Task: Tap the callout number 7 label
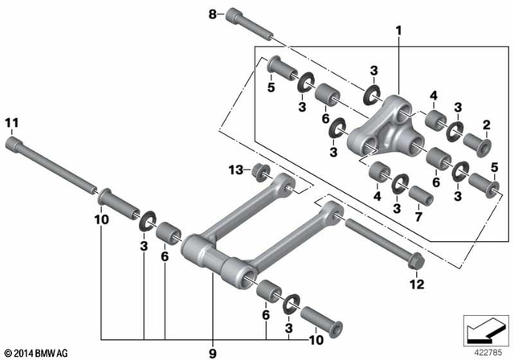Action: pyautogui.click(x=418, y=218)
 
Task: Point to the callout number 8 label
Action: pyautogui.click(x=213, y=14)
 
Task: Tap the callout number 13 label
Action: pyautogui.click(x=233, y=170)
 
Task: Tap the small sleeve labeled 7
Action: pyautogui.click(x=417, y=195)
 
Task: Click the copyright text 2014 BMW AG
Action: pyautogui.click(x=36, y=353)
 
